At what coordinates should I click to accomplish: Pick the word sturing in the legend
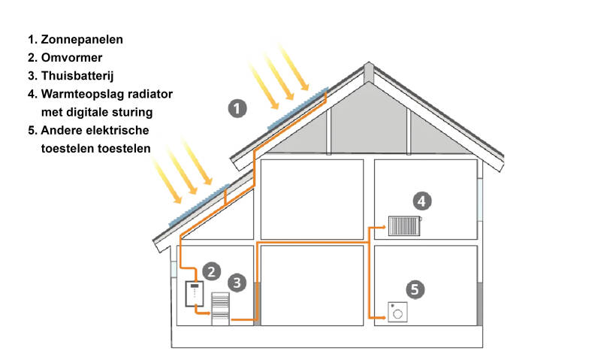132,112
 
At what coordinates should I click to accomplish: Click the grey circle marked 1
237,108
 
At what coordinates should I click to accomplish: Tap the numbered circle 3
237,283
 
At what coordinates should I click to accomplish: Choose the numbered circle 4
422,201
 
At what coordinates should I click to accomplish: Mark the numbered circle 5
415,289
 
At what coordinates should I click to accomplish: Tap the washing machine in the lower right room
397,311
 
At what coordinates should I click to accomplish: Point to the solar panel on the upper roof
298,108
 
